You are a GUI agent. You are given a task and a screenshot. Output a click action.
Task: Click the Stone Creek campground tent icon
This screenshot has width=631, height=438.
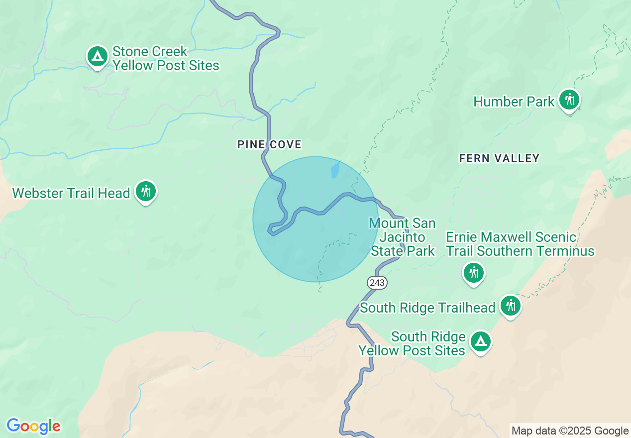click(98, 57)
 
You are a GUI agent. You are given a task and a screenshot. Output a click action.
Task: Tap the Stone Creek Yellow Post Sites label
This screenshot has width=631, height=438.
click(165, 58)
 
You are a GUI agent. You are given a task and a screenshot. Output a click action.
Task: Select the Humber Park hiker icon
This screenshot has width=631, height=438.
click(569, 100)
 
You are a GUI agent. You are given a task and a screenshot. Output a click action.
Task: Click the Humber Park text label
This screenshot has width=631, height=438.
click(513, 102)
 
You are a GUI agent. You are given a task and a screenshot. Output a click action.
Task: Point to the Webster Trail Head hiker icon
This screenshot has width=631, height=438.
click(146, 191)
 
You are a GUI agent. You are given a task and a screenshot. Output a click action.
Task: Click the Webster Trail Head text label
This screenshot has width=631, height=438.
click(71, 193)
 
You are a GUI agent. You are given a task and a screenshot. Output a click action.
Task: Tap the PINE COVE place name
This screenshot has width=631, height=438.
click(269, 145)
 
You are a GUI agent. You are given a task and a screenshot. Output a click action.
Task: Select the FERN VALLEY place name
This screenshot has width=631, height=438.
click(499, 158)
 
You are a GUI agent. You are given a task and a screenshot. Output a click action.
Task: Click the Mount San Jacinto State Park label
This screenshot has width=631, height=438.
click(403, 237)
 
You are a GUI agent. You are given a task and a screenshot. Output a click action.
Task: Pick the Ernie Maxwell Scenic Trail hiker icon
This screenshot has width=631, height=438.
click(473, 273)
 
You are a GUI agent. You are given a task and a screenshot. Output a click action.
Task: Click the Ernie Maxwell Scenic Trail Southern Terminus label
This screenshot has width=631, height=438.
click(520, 244)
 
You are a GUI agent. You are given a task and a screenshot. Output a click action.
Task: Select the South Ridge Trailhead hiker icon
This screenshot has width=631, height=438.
click(510, 306)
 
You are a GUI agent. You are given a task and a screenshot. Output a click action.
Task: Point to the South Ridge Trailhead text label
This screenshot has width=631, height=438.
click(427, 308)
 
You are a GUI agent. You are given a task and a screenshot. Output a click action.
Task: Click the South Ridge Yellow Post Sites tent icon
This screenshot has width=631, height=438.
click(480, 341)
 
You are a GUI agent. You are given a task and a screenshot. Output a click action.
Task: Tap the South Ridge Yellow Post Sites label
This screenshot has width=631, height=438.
click(412, 343)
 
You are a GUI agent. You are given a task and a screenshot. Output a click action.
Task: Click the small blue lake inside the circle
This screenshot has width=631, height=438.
click(335, 170)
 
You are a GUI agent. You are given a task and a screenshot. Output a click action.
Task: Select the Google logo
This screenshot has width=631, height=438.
click(33, 427)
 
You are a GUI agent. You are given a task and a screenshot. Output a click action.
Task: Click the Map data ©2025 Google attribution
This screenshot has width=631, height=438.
click(570, 431)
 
